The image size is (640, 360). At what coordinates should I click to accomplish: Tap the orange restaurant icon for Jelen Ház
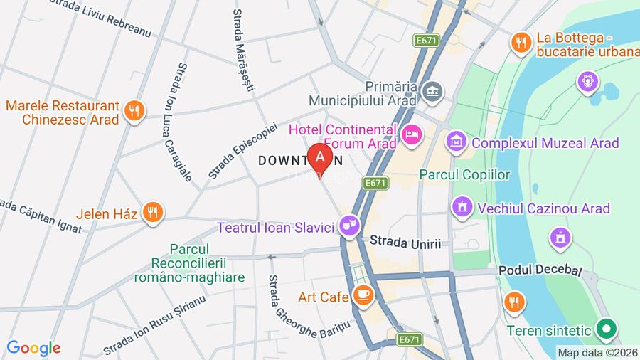tap(151, 211)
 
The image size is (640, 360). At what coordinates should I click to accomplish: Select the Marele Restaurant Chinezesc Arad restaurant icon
tap(133, 110)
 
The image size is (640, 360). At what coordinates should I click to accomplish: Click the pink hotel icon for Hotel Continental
tap(411, 134)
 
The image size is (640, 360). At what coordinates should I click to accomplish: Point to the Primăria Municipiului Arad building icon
tap(432, 91)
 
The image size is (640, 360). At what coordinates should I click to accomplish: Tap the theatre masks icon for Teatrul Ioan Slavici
tap(347, 227)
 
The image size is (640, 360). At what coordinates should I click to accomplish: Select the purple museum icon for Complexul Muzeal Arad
tap(456, 142)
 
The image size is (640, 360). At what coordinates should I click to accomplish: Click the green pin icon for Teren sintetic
tap(606, 329)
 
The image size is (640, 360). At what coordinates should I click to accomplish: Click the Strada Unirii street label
tap(405, 243)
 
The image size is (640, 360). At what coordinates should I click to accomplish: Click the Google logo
tap(33, 348)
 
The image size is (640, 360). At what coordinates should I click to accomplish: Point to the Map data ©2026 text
tap(597, 352)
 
